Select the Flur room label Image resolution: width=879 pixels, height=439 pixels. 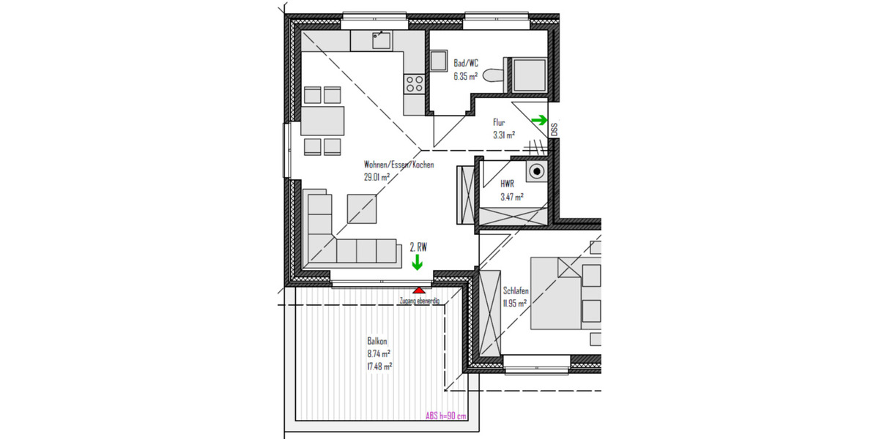499,123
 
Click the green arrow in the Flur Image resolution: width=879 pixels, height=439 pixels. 539,120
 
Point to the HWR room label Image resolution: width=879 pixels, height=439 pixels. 508,185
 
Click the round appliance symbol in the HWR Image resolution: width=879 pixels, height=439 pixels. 538,173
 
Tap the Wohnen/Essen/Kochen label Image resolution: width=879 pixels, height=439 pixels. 398,165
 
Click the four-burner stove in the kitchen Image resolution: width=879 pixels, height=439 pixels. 414,83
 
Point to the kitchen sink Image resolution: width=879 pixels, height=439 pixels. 381,41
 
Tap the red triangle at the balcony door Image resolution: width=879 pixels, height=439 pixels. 418,291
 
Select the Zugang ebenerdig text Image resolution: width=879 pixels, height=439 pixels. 419,301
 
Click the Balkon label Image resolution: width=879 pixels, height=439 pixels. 377,341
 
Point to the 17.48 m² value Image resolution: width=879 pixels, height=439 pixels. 379,366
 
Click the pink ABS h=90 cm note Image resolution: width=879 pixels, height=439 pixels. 445,416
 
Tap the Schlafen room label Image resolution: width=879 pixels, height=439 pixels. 516,291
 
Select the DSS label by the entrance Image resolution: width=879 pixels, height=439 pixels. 554,130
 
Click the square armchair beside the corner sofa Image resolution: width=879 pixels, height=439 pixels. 363,209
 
